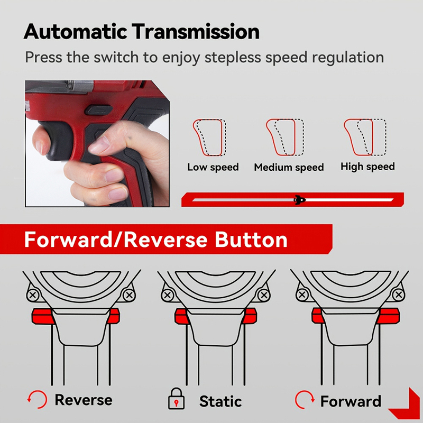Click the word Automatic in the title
point(76,32)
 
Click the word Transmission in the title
point(196,32)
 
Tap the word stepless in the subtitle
point(233,58)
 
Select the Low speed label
point(213,167)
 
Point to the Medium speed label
point(289,167)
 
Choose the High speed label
point(367,167)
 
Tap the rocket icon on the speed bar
point(299,200)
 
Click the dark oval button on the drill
point(99,110)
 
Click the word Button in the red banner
point(251,240)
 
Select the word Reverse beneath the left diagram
point(84,400)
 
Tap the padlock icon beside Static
point(176,399)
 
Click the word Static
point(220,401)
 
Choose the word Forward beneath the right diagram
point(351,401)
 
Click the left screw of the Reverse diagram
point(33,295)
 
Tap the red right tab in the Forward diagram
point(389,316)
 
